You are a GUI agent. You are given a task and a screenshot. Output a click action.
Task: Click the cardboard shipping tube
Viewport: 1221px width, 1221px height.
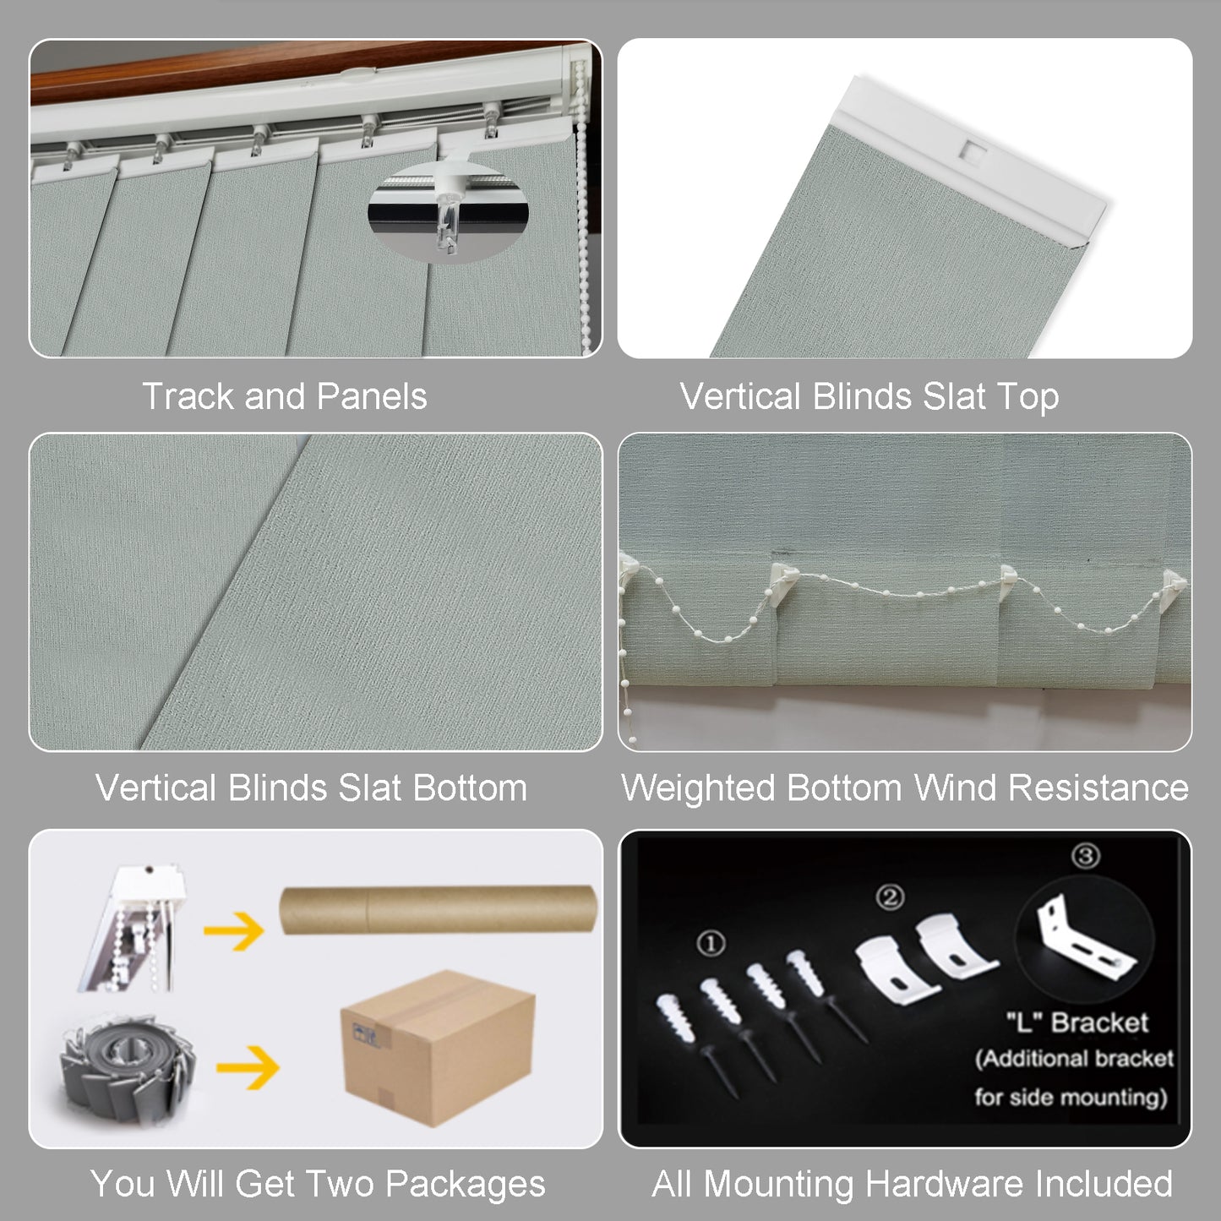coord(438,910)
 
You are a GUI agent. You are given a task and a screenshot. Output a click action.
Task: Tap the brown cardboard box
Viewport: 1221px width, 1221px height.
coord(438,1049)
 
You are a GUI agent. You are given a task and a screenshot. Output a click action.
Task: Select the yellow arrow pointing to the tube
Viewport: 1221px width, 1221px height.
coord(234,931)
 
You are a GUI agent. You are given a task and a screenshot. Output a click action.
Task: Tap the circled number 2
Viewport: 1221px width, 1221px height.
coord(890,897)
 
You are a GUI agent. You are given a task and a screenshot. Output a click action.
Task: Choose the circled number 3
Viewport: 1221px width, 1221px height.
coord(1086,856)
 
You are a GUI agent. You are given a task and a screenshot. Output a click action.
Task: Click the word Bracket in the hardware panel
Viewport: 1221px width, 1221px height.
coord(1099,1022)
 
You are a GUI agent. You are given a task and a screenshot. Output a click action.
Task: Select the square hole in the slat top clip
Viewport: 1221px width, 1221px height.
coord(973,150)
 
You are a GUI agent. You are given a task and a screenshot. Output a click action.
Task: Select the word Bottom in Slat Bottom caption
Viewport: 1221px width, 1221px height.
coord(470,788)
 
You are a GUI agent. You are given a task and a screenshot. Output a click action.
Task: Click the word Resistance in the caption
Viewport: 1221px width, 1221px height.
coord(1098,788)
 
